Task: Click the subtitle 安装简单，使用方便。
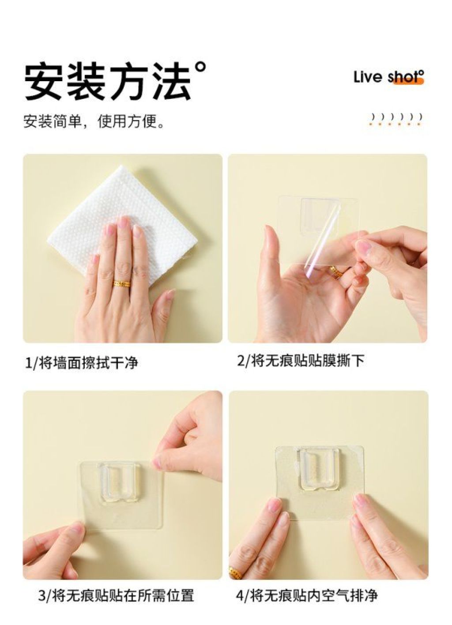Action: coord(94,121)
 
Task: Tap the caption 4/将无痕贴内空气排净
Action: coord(307,569)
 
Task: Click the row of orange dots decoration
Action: coord(394,124)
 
